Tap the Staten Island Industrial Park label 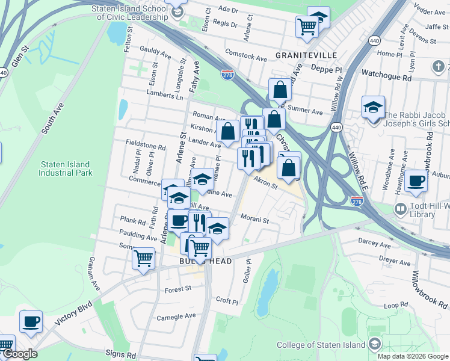pyautogui.click(x=66, y=168)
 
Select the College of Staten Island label pyautogui.click(x=321, y=345)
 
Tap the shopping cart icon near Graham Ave pyautogui.click(x=143, y=259)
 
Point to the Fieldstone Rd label pyautogui.click(x=146, y=146)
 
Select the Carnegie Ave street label pyautogui.click(x=176, y=316)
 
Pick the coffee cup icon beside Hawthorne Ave pyautogui.click(x=416, y=180)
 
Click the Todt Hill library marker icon pyautogui.click(x=400, y=209)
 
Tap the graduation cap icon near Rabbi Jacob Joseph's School pyautogui.click(x=373, y=107)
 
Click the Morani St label pyautogui.click(x=254, y=218)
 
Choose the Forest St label pyautogui.click(x=177, y=289)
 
